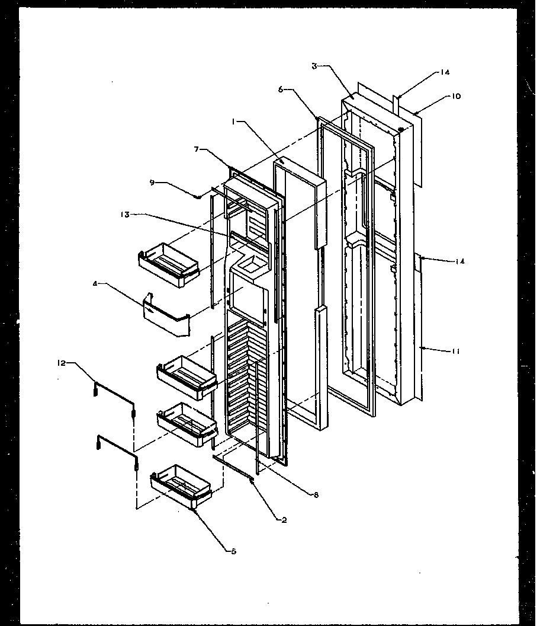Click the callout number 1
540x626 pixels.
click(234, 121)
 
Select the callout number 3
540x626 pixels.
click(314, 66)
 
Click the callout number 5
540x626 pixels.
click(233, 551)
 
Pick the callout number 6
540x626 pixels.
click(280, 89)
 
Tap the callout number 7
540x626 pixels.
click(197, 150)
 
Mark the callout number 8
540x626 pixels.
click(316, 495)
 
